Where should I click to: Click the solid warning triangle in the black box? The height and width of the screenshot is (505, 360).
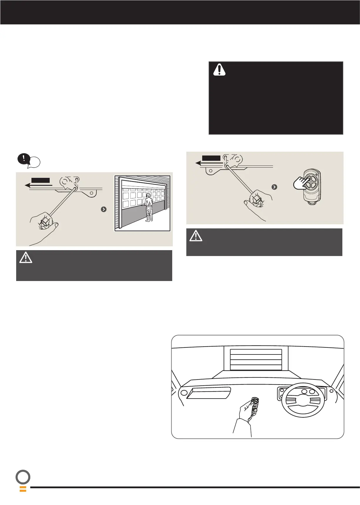[219, 70]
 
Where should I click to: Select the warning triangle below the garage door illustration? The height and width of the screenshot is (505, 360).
[26, 257]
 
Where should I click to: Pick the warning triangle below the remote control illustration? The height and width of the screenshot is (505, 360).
[196, 236]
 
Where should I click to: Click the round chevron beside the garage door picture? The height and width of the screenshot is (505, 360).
[104, 209]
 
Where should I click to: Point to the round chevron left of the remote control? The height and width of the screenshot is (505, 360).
[274, 187]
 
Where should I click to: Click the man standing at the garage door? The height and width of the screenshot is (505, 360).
[149, 208]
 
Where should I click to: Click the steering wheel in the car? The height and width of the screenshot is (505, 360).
[303, 400]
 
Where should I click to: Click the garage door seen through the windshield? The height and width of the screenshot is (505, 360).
[256, 359]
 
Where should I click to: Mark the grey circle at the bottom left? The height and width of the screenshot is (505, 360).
[23, 477]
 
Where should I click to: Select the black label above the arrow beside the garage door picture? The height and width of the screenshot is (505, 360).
[41, 180]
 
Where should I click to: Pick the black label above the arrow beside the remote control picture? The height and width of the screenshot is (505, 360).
[211, 158]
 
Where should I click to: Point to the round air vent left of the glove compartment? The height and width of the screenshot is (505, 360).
[184, 393]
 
